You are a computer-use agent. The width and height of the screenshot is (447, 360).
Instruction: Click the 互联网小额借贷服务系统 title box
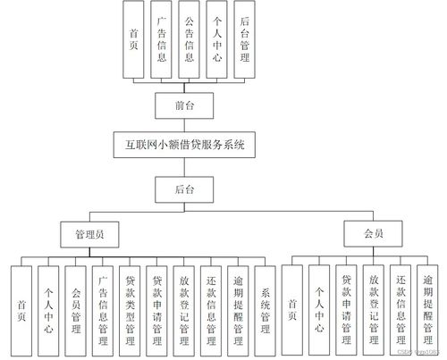186,144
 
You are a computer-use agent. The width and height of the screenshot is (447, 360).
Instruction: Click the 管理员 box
89,235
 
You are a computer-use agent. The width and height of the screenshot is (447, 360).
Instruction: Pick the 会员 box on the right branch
374,235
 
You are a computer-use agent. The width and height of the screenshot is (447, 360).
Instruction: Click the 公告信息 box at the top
189,38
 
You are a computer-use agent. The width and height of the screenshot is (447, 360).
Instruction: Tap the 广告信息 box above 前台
161,38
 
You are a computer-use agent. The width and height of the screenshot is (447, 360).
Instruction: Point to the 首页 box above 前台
133,38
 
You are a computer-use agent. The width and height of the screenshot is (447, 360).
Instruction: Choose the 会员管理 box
76,306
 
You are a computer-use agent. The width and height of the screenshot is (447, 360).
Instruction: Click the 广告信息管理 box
103,306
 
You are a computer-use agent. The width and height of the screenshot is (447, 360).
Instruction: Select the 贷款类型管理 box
130,306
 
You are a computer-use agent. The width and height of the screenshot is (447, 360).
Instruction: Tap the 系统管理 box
265,306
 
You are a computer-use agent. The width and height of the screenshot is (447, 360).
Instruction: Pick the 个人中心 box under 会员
319,306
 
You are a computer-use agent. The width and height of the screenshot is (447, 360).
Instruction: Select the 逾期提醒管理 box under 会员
428,306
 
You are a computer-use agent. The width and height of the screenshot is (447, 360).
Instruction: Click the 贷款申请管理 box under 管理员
156,306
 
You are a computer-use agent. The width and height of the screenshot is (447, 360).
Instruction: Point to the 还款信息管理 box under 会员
401,306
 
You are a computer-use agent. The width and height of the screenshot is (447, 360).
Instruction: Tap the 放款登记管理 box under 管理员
184,306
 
